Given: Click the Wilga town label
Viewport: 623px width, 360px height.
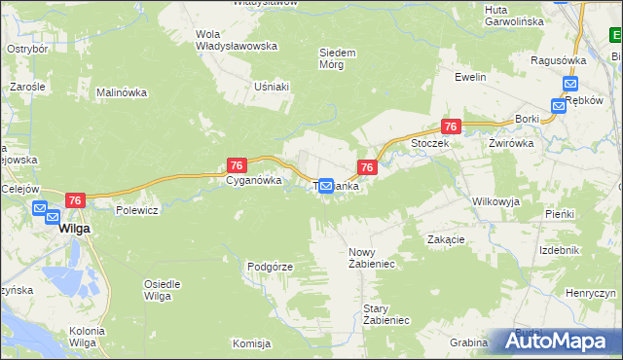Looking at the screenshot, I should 74,229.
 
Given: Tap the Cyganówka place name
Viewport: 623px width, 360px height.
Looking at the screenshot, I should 254,180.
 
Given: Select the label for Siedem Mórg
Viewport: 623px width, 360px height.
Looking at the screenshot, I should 338,58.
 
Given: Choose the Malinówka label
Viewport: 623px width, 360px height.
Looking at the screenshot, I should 121,92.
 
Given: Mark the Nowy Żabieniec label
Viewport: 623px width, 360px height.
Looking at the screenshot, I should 369,258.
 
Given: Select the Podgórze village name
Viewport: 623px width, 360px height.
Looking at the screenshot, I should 270,266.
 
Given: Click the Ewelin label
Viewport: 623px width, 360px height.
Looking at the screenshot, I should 469,75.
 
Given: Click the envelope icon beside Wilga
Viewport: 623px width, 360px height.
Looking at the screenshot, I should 40,208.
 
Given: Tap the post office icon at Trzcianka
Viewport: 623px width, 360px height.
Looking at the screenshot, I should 327,186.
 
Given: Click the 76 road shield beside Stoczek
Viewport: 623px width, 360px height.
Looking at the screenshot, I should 450,126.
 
